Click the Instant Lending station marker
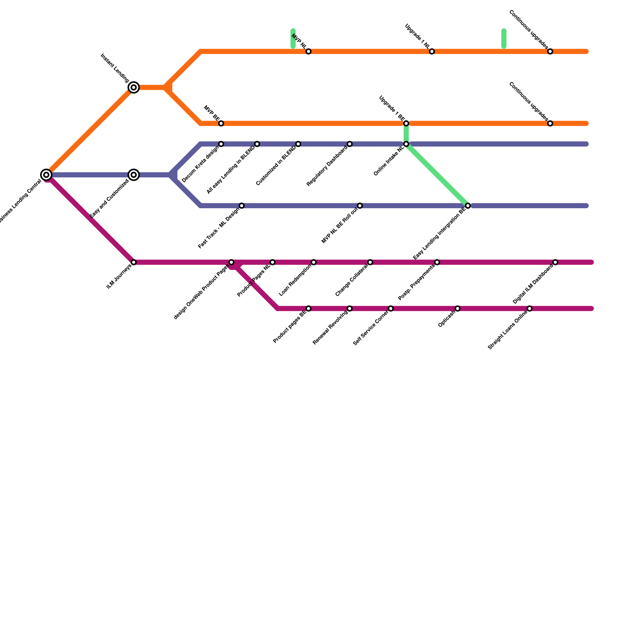pos(133,88)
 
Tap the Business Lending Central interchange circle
pos(46,175)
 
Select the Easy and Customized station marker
pos(133,175)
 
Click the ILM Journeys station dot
pos(133,262)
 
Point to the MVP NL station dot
pos(308,51)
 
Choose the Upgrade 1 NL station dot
pos(432,51)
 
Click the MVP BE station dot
pos(221,123)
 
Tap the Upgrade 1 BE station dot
pos(406,123)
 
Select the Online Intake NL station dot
pos(406,144)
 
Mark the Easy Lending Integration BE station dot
pos(468,206)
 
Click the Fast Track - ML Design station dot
pos(241,206)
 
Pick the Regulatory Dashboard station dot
pos(349,144)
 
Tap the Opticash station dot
pos(457,308)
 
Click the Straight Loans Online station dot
pos(529,308)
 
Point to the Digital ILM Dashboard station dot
pos(555,262)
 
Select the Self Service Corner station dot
pos(391,308)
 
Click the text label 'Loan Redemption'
pos(295,281)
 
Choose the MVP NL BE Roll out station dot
pos(360,206)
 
